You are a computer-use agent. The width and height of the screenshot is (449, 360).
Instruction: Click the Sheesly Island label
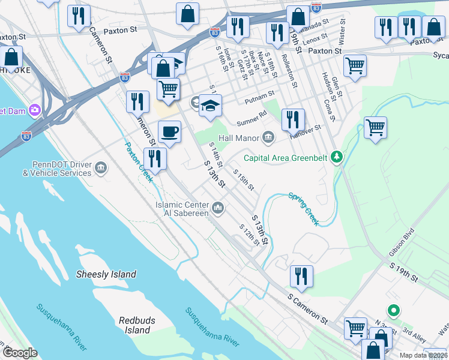tap(106, 274)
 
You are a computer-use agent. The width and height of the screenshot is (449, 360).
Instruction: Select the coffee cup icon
tap(169, 132)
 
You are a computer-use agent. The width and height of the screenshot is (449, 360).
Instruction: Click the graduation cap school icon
tap(210, 106)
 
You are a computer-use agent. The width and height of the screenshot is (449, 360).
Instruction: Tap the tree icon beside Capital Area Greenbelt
tap(337, 158)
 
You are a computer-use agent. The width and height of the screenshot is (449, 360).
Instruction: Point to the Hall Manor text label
tap(239, 138)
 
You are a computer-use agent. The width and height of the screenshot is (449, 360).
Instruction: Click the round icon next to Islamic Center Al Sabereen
tap(218, 208)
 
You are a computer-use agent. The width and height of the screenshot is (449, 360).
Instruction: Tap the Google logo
tap(19, 353)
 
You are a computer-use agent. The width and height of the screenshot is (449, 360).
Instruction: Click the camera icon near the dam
tap(34, 110)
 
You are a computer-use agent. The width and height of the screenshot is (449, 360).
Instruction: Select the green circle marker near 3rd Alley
tap(393, 311)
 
